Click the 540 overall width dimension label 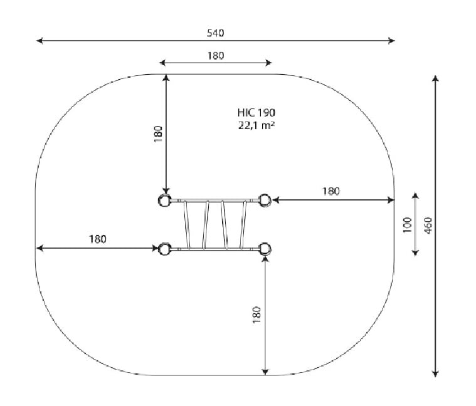point(216,33)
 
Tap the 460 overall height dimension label point(428,226)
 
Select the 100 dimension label point(408,225)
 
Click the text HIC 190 point(257,113)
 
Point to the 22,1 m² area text point(257,125)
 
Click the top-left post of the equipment point(164,200)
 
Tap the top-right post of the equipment point(265,200)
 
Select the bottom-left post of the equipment point(164,249)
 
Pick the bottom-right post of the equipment point(265,249)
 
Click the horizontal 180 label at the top point(216,56)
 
